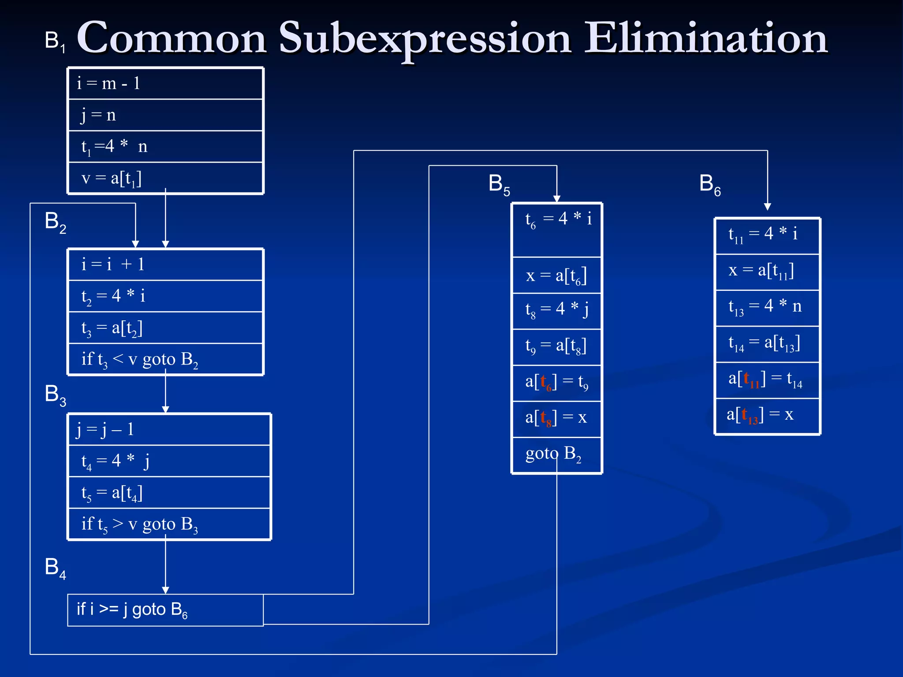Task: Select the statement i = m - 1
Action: (108, 83)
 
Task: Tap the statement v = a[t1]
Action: (112, 178)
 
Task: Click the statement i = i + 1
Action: (113, 264)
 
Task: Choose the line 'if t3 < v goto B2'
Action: (139, 360)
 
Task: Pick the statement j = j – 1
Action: (105, 429)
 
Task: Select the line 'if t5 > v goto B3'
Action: (139, 524)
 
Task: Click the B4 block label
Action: (55, 568)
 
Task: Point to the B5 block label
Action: (499, 184)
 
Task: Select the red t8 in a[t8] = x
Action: (546, 417)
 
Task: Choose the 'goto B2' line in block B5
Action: (553, 454)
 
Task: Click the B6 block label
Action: (709, 184)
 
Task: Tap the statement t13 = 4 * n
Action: (765, 306)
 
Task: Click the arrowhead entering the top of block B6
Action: (767, 206)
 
